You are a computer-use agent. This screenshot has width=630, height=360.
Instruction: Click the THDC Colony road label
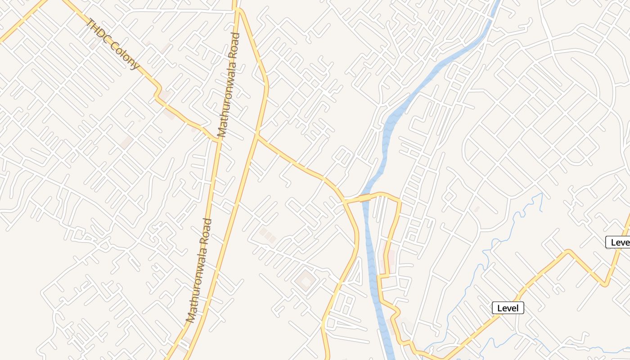[114, 44]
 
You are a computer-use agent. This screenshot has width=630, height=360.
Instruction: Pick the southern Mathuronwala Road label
[199, 270]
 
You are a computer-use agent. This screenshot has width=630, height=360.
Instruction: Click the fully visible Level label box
[508, 308]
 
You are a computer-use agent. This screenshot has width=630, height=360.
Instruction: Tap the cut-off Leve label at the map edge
[619, 243]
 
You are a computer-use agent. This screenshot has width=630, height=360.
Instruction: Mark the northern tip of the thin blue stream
[541, 194]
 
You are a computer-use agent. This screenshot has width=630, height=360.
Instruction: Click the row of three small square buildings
[267, 235]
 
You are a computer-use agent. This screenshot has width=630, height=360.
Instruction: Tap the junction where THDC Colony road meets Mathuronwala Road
[219, 140]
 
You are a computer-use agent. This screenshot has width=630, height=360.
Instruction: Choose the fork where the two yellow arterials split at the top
[236, 9]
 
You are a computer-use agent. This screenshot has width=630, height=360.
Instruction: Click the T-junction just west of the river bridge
[345, 201]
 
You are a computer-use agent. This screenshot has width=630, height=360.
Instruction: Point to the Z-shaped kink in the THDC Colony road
[157, 92]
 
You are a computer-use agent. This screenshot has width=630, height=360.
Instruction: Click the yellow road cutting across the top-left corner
[22, 20]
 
